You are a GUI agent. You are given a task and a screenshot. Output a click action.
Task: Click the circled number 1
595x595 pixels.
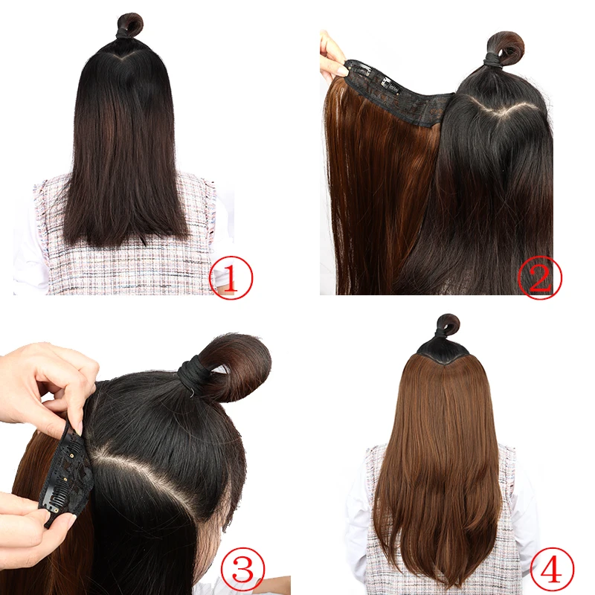[231, 278]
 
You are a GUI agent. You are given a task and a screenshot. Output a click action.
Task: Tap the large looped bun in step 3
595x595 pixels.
[234, 364]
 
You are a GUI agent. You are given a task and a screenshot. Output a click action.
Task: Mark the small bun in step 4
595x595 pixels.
[448, 325]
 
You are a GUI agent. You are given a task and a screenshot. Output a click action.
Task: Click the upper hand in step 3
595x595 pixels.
[45, 379]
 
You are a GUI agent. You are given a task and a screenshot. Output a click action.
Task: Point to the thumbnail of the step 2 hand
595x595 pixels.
[341, 71]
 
